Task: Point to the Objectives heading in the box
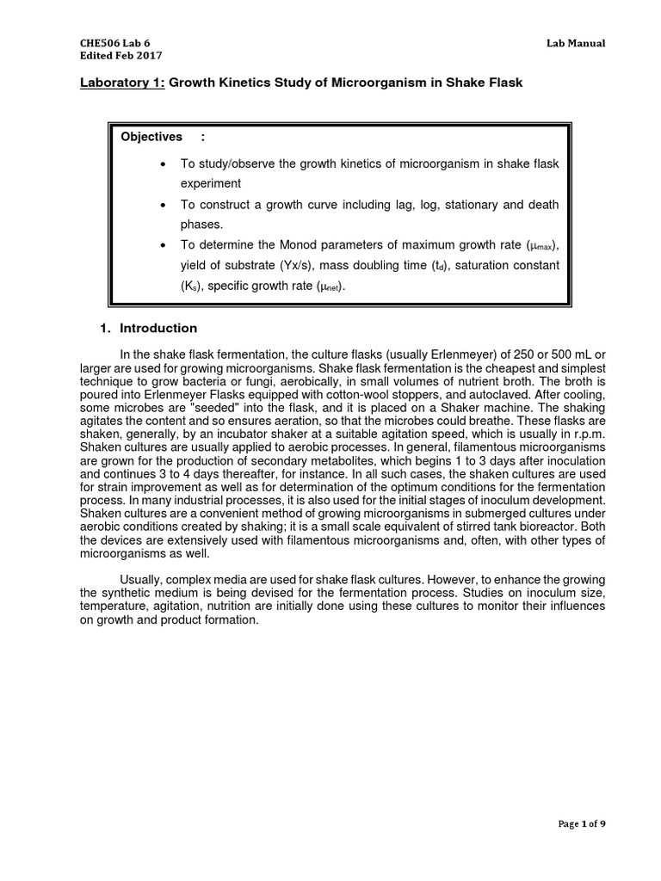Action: [151, 137]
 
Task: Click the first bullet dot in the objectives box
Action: [163, 163]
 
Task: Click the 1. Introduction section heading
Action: [149, 328]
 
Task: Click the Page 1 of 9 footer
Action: [581, 848]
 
